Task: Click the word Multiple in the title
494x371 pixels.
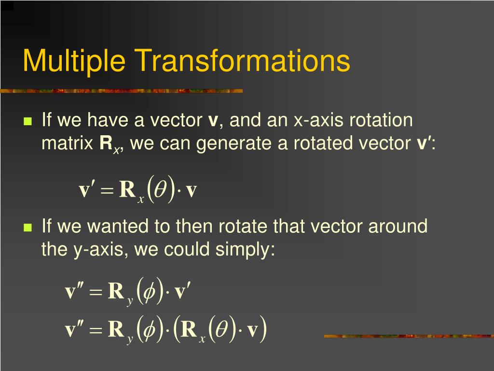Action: pos(75,62)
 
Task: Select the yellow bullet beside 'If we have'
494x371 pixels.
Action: pos(27,121)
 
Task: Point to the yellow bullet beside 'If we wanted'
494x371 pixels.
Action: pos(27,227)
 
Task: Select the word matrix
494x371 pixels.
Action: pos(68,143)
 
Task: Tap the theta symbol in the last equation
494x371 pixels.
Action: pos(222,330)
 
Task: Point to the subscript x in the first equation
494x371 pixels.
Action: pos(140,199)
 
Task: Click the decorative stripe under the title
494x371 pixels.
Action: pos(121,90)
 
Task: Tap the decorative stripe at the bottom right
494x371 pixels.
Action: pos(408,336)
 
